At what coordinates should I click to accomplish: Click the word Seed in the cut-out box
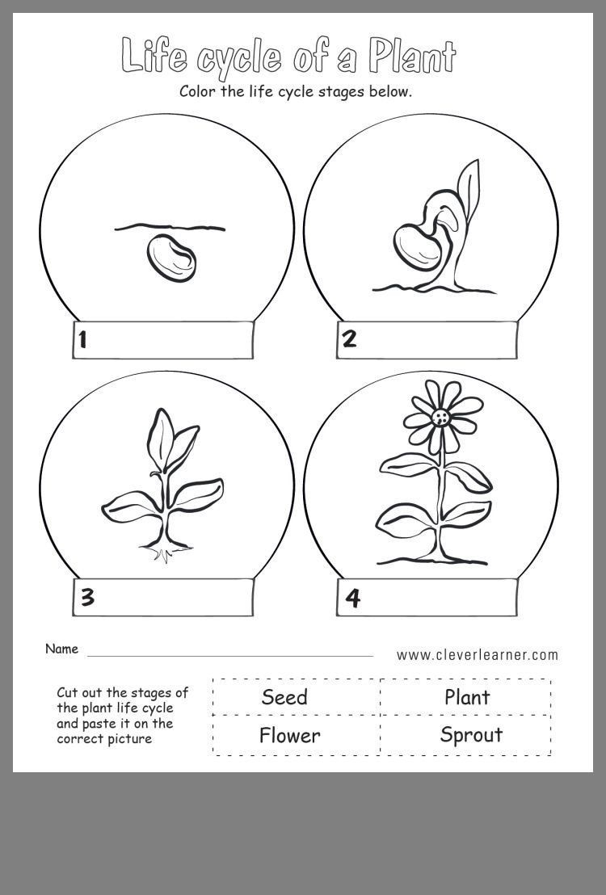point(284,697)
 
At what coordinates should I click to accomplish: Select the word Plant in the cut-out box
point(467,697)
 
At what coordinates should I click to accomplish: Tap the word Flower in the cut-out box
point(289,735)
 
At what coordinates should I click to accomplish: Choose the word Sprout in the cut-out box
point(471,734)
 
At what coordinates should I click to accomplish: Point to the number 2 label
point(349,338)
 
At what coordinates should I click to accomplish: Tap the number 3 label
point(87,598)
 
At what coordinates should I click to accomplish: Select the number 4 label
point(352,599)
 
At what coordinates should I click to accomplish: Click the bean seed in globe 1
point(171,257)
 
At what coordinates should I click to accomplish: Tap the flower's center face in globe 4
point(440,417)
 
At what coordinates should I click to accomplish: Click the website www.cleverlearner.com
point(477,655)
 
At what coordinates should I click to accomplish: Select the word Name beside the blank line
point(61,649)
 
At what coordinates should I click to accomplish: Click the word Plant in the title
point(412,56)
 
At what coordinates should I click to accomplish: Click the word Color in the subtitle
point(199,91)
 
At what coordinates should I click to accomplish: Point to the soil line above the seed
point(170,228)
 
